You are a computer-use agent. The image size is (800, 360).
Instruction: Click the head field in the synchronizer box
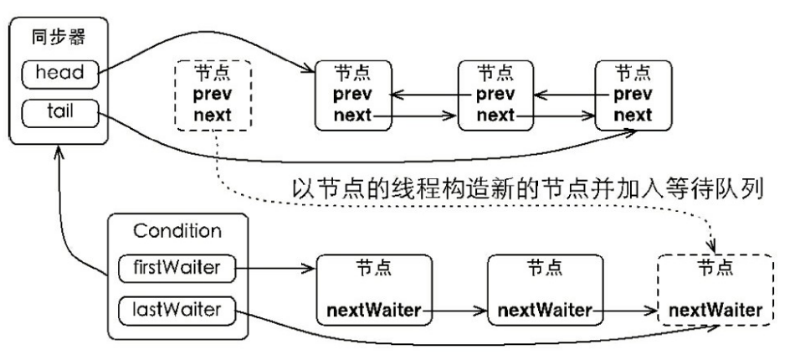[59, 73]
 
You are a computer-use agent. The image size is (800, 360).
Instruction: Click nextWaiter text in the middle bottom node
[545, 310]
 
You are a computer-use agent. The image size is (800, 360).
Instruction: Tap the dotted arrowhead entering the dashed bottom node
[712, 246]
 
